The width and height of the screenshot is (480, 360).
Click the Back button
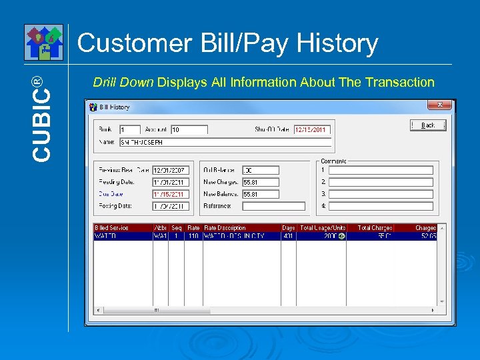tap(427, 125)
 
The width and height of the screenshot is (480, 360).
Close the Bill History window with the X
tap(439, 105)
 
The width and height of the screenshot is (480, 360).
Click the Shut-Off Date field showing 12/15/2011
tap(312, 129)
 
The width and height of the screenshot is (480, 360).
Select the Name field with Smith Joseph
tap(225, 142)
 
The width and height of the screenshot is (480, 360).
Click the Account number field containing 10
tap(189, 129)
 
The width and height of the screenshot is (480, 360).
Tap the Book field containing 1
tap(129, 129)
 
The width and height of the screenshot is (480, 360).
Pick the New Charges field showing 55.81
tap(260, 182)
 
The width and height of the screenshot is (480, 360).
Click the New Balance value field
tap(260, 194)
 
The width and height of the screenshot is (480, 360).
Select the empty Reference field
tap(273, 206)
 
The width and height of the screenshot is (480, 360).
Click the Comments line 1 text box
tap(381, 170)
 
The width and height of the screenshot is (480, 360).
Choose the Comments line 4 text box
tap(381, 206)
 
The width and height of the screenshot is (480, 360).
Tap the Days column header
tap(288, 228)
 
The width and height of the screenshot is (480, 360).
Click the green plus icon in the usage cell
tap(341, 236)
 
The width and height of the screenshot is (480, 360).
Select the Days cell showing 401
tap(288, 236)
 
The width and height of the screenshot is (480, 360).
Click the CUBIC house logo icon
tap(43, 42)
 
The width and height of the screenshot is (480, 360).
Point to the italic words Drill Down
tap(123, 83)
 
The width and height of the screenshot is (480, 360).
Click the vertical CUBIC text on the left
tap(41, 117)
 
